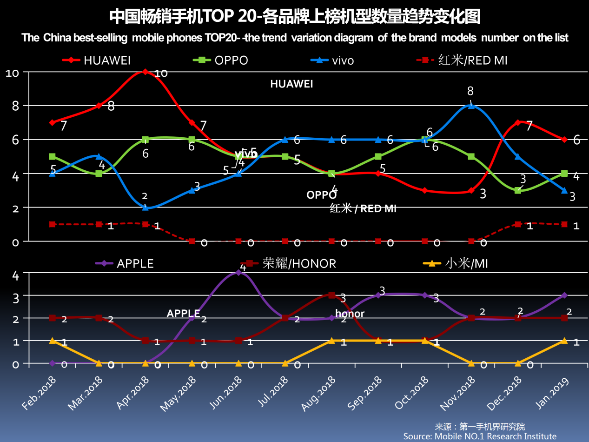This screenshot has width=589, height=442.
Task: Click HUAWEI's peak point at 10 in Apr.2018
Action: point(146,72)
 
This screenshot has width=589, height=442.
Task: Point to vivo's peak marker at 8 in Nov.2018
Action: point(471,106)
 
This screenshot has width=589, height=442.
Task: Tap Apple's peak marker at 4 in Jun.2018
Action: point(238,273)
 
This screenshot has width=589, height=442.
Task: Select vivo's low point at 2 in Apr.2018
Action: point(146,208)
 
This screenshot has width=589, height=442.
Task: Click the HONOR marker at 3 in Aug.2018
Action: point(331,295)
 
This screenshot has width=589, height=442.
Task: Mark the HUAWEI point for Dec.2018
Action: point(517,122)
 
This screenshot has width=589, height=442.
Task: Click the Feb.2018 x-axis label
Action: point(39,393)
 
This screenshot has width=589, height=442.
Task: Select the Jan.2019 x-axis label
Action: point(551,393)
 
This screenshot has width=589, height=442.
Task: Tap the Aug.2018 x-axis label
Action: point(318,393)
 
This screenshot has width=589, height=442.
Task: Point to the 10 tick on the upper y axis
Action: point(12,73)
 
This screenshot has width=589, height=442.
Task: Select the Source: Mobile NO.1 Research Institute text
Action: point(480,436)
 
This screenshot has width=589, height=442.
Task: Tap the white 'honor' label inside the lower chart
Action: point(350,314)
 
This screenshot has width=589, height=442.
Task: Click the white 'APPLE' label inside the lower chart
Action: point(183,314)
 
